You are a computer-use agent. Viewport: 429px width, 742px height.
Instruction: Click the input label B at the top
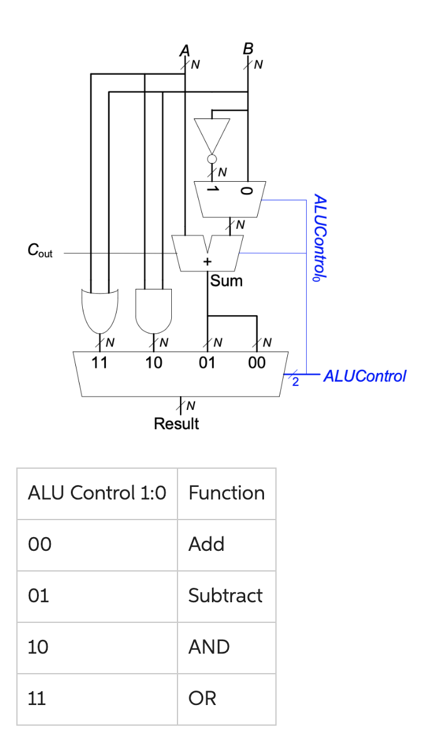[248, 49]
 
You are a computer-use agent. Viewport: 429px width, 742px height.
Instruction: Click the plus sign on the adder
[206, 261]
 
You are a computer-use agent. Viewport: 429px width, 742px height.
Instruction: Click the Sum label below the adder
[226, 281]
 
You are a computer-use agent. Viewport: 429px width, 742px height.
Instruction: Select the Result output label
[176, 424]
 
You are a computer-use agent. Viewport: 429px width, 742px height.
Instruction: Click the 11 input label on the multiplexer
[99, 362]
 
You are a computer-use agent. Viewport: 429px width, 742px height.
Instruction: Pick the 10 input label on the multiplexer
[153, 362]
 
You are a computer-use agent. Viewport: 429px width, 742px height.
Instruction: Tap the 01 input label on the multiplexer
[206, 362]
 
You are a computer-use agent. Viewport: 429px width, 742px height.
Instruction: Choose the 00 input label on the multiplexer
[257, 362]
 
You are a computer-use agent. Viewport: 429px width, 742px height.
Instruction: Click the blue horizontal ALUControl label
[365, 376]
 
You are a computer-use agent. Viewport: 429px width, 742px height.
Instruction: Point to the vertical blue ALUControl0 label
[320, 238]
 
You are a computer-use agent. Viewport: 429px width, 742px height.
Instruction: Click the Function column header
[226, 493]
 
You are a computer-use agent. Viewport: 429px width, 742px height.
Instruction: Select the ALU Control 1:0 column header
[97, 493]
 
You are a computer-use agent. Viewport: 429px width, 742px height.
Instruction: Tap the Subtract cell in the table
[225, 595]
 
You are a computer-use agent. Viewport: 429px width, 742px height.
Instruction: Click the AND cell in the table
[209, 647]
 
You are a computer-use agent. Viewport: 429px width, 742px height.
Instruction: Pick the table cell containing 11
[37, 698]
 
